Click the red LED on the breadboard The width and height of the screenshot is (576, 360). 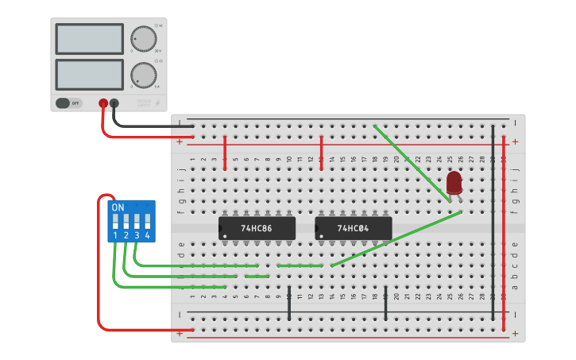click(454, 183)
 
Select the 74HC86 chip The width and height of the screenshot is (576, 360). click(257, 228)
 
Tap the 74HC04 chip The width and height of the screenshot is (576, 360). click(353, 228)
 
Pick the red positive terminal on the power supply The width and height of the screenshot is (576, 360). click(103, 103)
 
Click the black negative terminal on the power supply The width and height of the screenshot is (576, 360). click(114, 103)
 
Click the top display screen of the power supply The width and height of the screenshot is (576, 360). click(89, 39)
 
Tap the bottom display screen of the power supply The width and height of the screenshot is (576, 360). click(89, 75)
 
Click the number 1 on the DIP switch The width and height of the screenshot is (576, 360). click(116, 236)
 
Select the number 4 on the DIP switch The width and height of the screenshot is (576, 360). click(147, 236)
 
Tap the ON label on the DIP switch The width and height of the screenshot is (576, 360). click(118, 207)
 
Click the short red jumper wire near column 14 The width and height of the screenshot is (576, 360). click(321, 152)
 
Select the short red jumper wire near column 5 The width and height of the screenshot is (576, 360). click(226, 152)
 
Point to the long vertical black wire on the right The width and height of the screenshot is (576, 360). click(493, 223)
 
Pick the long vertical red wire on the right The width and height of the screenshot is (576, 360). click(504, 223)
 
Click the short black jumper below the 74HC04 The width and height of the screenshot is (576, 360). click(385, 304)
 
